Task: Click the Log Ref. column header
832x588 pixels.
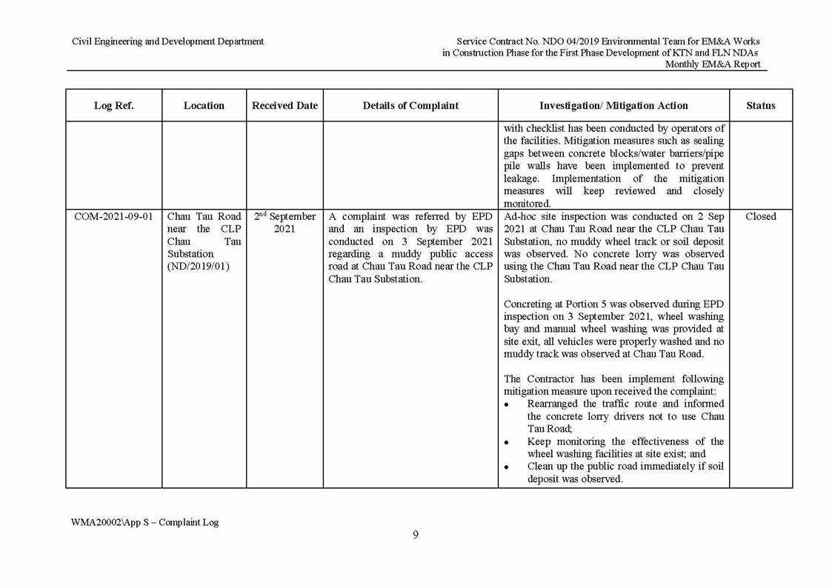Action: pos(113,106)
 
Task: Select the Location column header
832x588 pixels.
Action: pos(204,106)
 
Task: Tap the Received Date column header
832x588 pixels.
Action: pos(284,106)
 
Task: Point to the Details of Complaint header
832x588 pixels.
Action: pos(410,106)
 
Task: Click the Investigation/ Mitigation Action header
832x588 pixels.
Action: pos(613,106)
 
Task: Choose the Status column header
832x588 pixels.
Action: pos(760,106)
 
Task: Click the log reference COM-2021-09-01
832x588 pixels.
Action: pos(113,217)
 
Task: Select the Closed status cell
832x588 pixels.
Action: pos(760,217)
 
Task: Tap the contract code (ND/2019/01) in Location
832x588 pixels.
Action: pos(198,267)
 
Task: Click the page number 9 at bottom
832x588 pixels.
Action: pos(416,535)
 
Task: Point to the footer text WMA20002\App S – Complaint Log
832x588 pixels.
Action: pos(144,522)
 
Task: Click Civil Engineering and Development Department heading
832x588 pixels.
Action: pos(167,41)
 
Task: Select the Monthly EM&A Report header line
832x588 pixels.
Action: pos(712,64)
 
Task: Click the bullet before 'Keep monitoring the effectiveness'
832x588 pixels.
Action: pos(507,442)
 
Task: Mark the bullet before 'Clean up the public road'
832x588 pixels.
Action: pos(507,467)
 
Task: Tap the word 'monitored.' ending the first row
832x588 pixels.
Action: pos(527,204)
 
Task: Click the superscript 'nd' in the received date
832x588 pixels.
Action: pos(263,214)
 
